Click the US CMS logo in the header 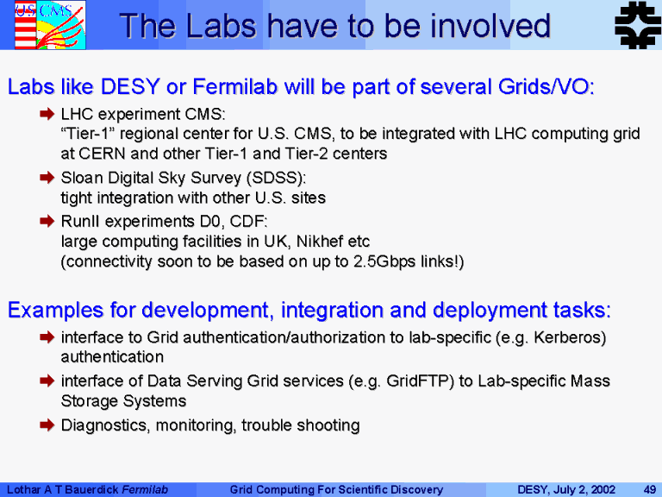50,25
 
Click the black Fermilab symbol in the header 638,25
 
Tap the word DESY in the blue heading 130,86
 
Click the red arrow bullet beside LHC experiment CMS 47,114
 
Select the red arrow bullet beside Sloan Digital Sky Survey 47,177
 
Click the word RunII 81,222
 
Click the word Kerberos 567,337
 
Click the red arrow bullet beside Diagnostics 47,425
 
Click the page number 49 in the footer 649,490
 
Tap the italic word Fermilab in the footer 145,490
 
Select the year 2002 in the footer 603,490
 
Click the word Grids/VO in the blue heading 546,86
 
